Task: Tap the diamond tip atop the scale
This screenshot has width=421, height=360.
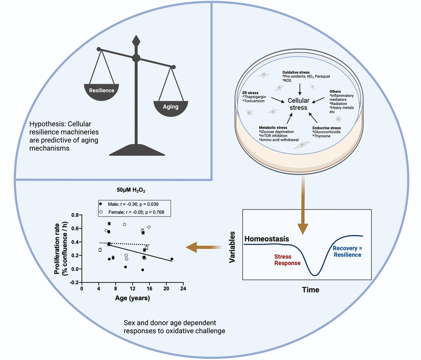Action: pyautogui.click(x=136, y=41)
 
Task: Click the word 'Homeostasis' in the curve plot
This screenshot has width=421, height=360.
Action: pyautogui.click(x=266, y=239)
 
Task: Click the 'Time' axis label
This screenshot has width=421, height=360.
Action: pyautogui.click(x=310, y=290)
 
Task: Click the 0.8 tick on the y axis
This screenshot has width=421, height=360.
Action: pyautogui.click(x=74, y=215)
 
